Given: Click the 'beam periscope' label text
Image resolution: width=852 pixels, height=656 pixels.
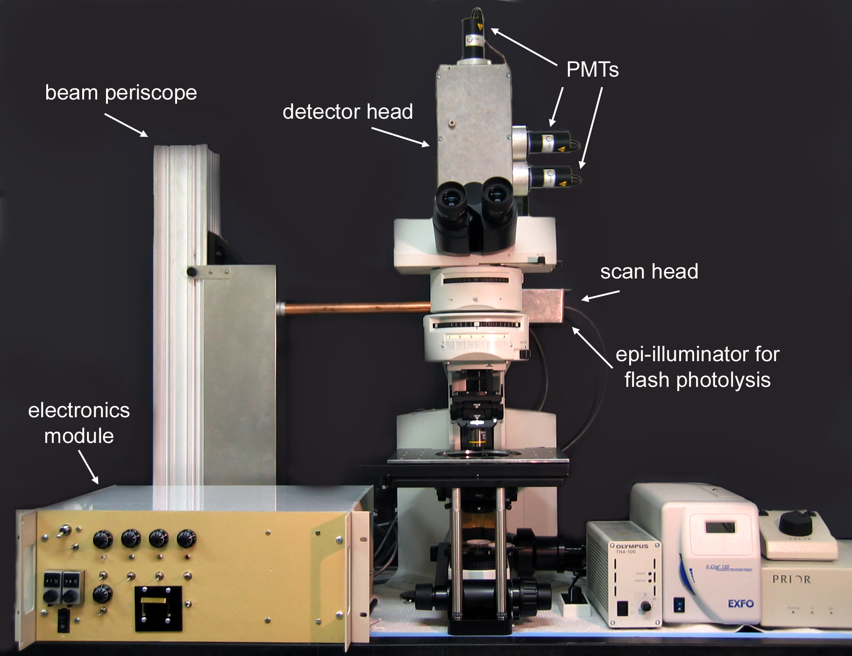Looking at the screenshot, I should (121, 93).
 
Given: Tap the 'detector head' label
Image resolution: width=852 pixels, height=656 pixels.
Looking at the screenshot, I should (348, 112).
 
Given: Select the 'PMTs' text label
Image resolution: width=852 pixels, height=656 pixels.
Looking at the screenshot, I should (592, 70).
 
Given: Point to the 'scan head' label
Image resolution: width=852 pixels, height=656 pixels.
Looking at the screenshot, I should (649, 271).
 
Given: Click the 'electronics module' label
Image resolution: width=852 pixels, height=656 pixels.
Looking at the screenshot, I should (79, 423).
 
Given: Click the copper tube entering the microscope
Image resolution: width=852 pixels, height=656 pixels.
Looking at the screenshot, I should (355, 308).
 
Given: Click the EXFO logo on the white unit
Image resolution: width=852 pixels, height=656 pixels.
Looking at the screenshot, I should (740, 604).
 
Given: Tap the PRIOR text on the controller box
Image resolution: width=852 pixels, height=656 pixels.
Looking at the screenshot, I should (791, 579).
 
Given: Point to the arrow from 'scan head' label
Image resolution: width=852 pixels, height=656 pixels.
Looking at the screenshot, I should (600, 296).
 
